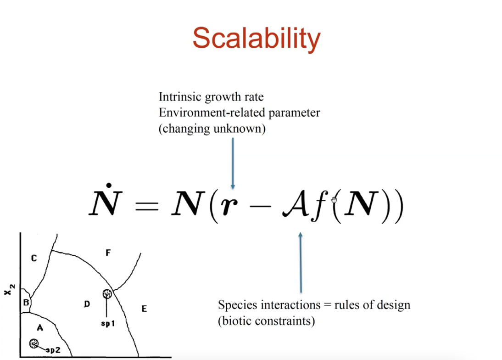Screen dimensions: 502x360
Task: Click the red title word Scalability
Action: click(x=257, y=39)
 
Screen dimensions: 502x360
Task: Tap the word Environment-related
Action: click(x=212, y=112)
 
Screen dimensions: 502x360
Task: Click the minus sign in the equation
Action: click(x=260, y=206)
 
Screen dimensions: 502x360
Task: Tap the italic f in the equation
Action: click(x=319, y=205)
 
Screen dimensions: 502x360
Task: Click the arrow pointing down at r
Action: click(x=233, y=163)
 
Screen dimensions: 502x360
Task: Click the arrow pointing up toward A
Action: click(x=300, y=263)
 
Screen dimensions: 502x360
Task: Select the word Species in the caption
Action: click(x=237, y=305)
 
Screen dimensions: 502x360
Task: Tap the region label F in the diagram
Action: click(x=108, y=253)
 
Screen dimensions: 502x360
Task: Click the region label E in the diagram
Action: click(x=144, y=309)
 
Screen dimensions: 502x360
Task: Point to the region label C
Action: click(x=34, y=258)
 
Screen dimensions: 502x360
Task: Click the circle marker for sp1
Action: click(x=107, y=293)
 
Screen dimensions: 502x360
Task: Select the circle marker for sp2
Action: click(x=33, y=343)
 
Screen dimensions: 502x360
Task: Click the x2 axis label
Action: click(x=9, y=290)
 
